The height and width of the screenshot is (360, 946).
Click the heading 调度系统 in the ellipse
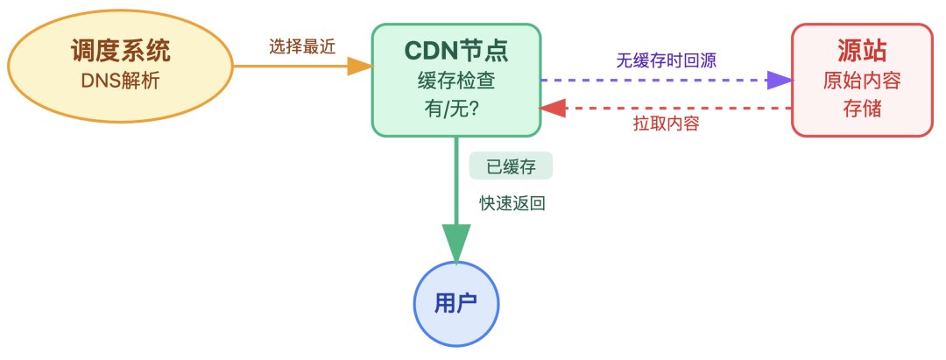click(x=121, y=51)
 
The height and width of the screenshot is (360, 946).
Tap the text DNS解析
click(x=121, y=81)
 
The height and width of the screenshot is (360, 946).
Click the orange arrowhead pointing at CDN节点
click(x=360, y=66)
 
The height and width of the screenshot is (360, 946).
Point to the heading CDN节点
click(x=455, y=51)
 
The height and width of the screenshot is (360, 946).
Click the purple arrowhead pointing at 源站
click(x=779, y=81)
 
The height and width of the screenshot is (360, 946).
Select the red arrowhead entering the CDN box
click(x=553, y=108)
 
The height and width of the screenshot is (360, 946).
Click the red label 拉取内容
click(x=666, y=124)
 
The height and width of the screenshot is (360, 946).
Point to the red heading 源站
click(x=862, y=51)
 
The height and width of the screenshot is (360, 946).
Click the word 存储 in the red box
click(x=862, y=110)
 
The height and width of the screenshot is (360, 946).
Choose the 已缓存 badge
click(x=511, y=166)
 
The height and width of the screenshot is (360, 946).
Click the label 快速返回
click(x=512, y=203)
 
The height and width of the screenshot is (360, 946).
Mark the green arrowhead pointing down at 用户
click(x=456, y=243)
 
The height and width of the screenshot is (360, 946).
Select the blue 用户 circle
click(x=455, y=304)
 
